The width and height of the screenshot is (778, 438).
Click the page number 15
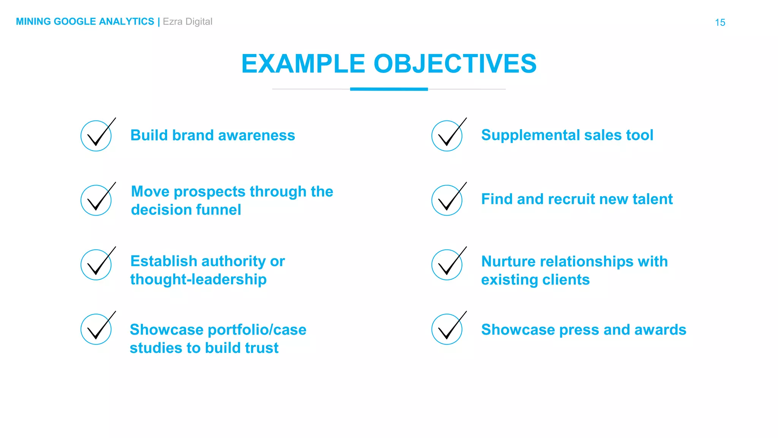(x=719, y=22)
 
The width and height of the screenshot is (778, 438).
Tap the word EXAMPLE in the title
(x=303, y=63)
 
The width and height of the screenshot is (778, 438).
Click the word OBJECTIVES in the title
(x=455, y=63)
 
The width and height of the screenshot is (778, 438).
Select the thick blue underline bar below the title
(x=389, y=89)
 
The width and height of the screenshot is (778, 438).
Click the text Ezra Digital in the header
(x=187, y=22)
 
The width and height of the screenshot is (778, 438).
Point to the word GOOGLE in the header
(x=75, y=22)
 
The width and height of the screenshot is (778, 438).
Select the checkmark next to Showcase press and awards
(x=447, y=329)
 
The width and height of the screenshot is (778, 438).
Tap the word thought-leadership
(x=198, y=279)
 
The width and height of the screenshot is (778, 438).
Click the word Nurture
(x=508, y=262)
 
